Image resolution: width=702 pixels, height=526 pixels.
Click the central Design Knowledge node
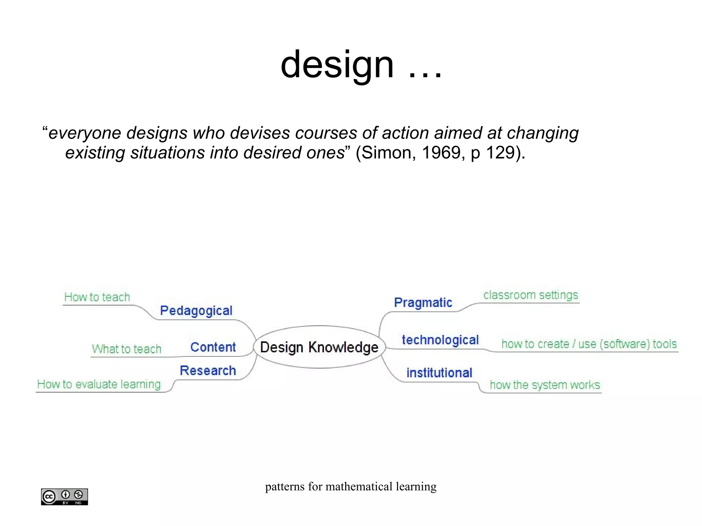[x=319, y=347]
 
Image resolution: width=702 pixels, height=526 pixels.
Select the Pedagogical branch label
[x=196, y=310]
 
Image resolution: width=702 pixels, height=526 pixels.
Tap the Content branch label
[x=213, y=347]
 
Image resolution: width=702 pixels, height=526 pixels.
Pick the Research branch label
[x=208, y=370]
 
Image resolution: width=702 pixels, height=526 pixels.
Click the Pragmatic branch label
[x=423, y=303]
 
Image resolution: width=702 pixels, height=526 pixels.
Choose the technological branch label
[x=440, y=340]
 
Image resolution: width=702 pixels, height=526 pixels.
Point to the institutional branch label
[x=439, y=373]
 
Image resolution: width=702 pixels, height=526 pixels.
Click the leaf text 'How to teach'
[x=97, y=297]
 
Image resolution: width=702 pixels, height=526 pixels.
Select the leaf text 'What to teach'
[x=126, y=349]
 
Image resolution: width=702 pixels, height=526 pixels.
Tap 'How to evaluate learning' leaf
[x=99, y=384]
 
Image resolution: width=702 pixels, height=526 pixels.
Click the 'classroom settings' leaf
[x=531, y=295]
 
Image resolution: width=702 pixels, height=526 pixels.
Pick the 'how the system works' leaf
[x=545, y=385]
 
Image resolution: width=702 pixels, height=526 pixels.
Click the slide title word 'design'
[x=337, y=64]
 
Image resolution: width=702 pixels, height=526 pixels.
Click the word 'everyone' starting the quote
[x=85, y=133]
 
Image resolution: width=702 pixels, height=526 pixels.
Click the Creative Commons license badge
[x=64, y=497]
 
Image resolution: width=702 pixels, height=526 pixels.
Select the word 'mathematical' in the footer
[x=359, y=487]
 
